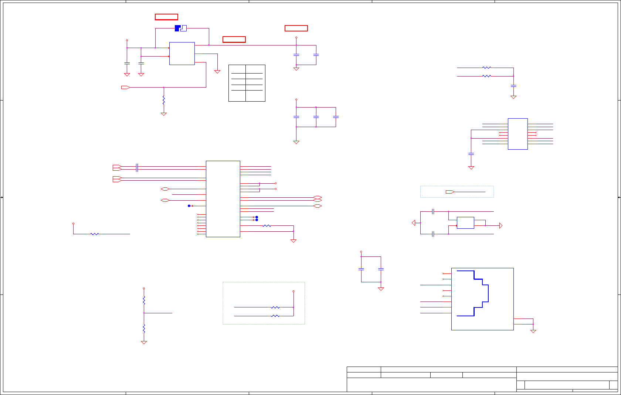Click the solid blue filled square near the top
click(x=177, y=28)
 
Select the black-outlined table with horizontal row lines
click(x=247, y=83)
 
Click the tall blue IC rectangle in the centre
click(x=223, y=199)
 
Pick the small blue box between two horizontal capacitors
click(x=465, y=223)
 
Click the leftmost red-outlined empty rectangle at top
click(x=166, y=17)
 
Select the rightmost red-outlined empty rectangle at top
click(x=296, y=28)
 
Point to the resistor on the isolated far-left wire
click(x=95, y=234)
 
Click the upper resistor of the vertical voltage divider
click(x=144, y=300)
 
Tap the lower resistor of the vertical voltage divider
click(x=144, y=328)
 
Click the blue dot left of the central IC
click(x=189, y=206)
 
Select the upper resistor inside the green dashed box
click(x=275, y=307)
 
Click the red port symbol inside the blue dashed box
click(x=450, y=192)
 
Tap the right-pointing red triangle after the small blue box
click(x=501, y=225)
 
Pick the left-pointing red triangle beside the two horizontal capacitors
click(x=414, y=223)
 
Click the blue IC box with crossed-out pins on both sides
click(x=517, y=134)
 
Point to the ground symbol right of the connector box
click(x=533, y=331)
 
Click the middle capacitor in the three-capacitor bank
click(x=316, y=117)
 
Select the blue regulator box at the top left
click(x=182, y=54)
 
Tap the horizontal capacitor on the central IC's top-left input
click(x=137, y=168)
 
